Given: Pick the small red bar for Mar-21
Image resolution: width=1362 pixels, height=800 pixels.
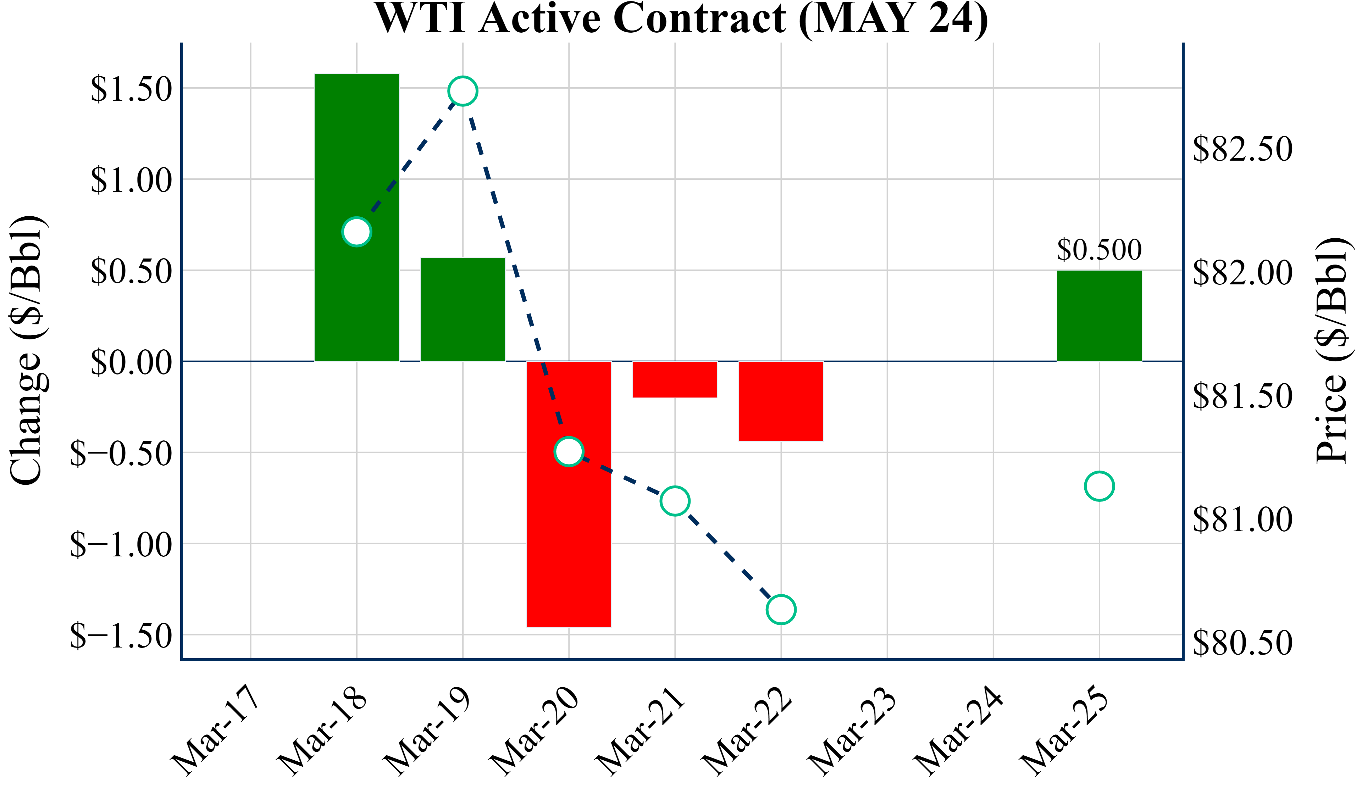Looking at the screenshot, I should (675, 379).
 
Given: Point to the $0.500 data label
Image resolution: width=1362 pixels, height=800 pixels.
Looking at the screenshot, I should (1099, 250).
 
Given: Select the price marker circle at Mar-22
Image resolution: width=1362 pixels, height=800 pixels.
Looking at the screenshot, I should (781, 610).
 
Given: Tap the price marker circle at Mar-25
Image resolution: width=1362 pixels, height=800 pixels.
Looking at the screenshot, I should (1099, 486).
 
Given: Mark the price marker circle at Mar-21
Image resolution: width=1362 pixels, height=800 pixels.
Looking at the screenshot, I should (675, 501).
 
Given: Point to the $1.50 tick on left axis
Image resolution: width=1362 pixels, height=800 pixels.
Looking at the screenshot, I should (131, 89).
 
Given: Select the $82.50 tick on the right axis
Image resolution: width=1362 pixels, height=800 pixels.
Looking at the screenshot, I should (1242, 149).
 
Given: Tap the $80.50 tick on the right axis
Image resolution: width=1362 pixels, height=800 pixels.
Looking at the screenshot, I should (1242, 643).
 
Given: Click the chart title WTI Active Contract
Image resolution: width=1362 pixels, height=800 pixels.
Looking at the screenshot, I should (681, 18).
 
